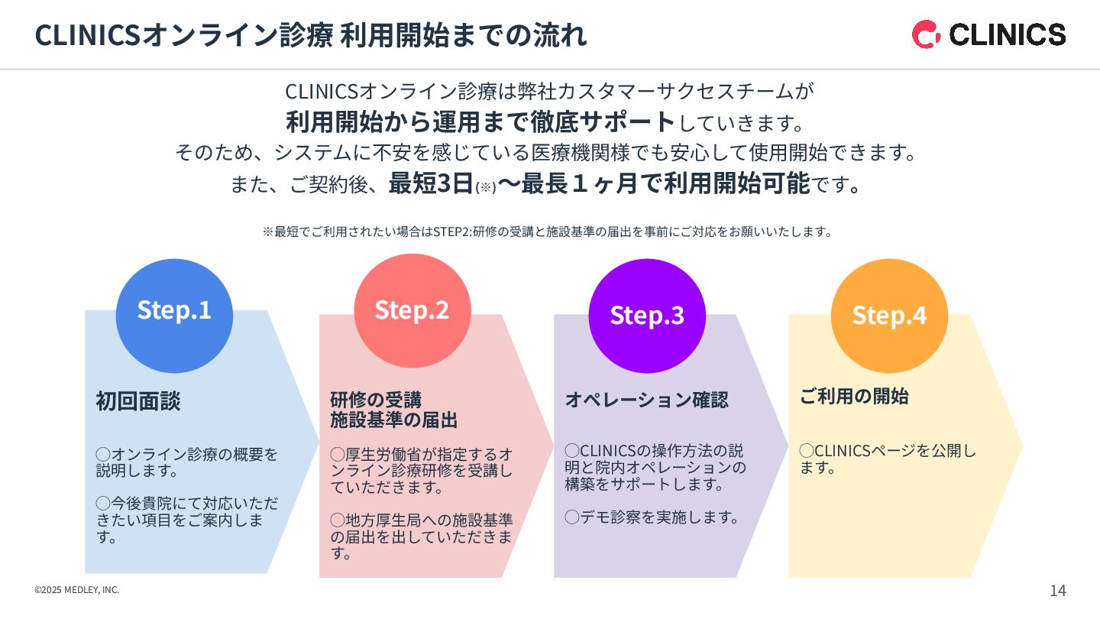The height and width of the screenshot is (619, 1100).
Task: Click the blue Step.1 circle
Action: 174,316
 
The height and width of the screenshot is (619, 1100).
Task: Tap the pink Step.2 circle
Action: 412,310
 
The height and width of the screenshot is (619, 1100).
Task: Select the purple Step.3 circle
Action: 647,316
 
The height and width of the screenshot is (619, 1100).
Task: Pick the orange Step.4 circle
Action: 889,316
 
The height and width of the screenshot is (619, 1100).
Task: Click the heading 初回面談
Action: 138,401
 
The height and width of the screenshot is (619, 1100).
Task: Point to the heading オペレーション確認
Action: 646,400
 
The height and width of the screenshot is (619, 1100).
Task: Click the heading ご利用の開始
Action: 854,396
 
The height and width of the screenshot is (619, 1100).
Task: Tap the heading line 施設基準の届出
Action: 393,420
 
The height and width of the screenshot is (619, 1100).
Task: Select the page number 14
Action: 1057,590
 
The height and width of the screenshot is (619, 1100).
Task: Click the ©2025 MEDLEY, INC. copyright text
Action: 76,590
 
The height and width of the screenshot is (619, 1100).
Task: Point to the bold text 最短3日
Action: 431,184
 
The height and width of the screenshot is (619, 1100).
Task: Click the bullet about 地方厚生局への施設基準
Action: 421,536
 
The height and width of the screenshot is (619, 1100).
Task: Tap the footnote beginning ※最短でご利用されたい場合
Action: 547,232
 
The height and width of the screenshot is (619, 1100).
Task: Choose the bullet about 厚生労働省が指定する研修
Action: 421,470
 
